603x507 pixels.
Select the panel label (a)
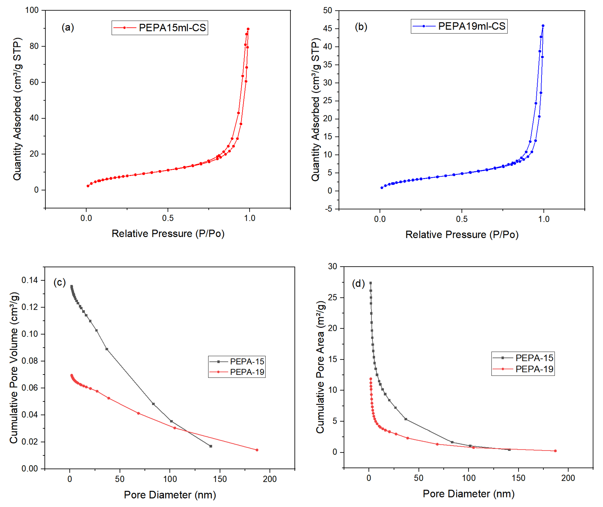[x=68, y=28]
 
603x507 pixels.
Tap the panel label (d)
[x=358, y=284]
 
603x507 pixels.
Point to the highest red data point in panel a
[x=248, y=29]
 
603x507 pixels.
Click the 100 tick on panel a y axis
[x=32, y=10]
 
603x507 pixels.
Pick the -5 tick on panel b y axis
[x=328, y=209]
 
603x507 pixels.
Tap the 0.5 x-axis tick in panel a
[x=168, y=218]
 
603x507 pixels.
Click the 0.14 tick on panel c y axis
[x=30, y=280]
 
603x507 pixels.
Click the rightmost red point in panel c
[x=257, y=450]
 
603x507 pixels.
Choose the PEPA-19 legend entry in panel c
[x=237, y=372]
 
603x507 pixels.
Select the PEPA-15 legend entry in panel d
[x=523, y=358]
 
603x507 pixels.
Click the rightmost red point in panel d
[x=555, y=451]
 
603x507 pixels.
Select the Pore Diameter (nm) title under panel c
[x=170, y=495]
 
